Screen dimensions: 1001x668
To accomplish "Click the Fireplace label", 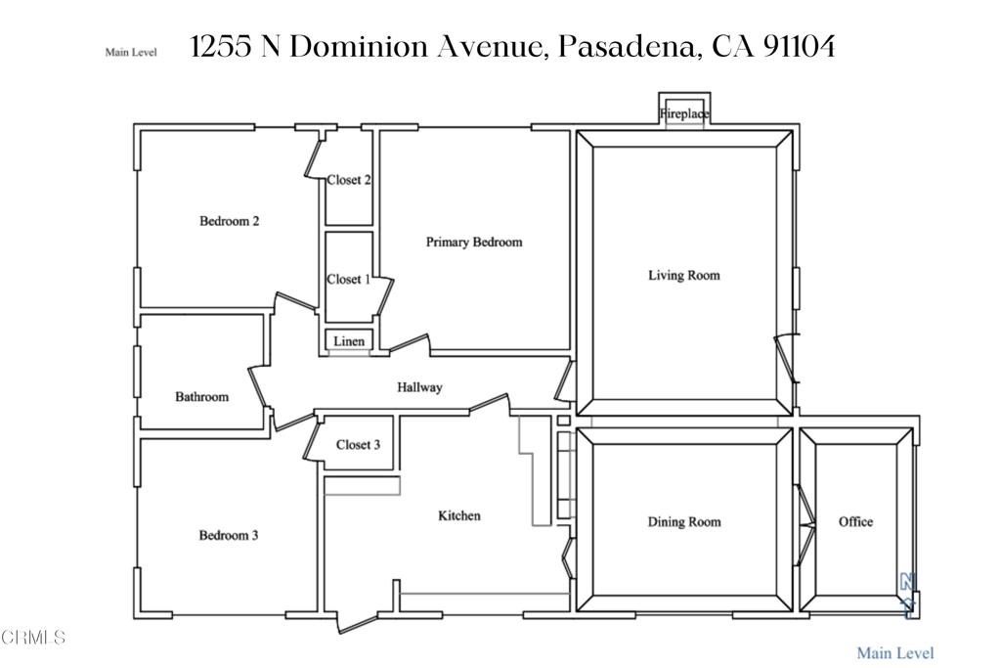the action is pos(683,114).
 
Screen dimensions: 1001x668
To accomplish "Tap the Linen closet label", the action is pos(349,341).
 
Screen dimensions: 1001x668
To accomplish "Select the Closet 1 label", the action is pos(349,279).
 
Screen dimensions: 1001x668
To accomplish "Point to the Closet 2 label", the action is pos(349,180).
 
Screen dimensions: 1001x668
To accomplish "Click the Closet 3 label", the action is pos(358,444).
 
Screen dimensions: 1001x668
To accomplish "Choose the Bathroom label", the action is pos(201,396).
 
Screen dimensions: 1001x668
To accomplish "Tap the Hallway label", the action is pos(419,387).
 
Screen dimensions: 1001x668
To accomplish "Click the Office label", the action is pos(855,521).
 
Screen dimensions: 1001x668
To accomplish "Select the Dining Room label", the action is pos(684,521).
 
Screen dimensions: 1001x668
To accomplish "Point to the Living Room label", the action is pos(684,275).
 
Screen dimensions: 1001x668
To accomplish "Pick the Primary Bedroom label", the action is pos(474,242).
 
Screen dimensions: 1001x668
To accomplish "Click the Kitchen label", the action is pos(459,515).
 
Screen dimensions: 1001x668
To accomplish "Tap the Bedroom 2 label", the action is pos(229,221).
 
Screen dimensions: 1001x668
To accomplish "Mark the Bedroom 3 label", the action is pos(229,535).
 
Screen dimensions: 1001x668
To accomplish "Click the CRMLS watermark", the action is pos(33,637).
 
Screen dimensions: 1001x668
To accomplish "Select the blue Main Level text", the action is pos(895,652).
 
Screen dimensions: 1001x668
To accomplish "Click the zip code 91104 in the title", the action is pos(799,47).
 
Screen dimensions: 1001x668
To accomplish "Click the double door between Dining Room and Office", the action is pos(805,524).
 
